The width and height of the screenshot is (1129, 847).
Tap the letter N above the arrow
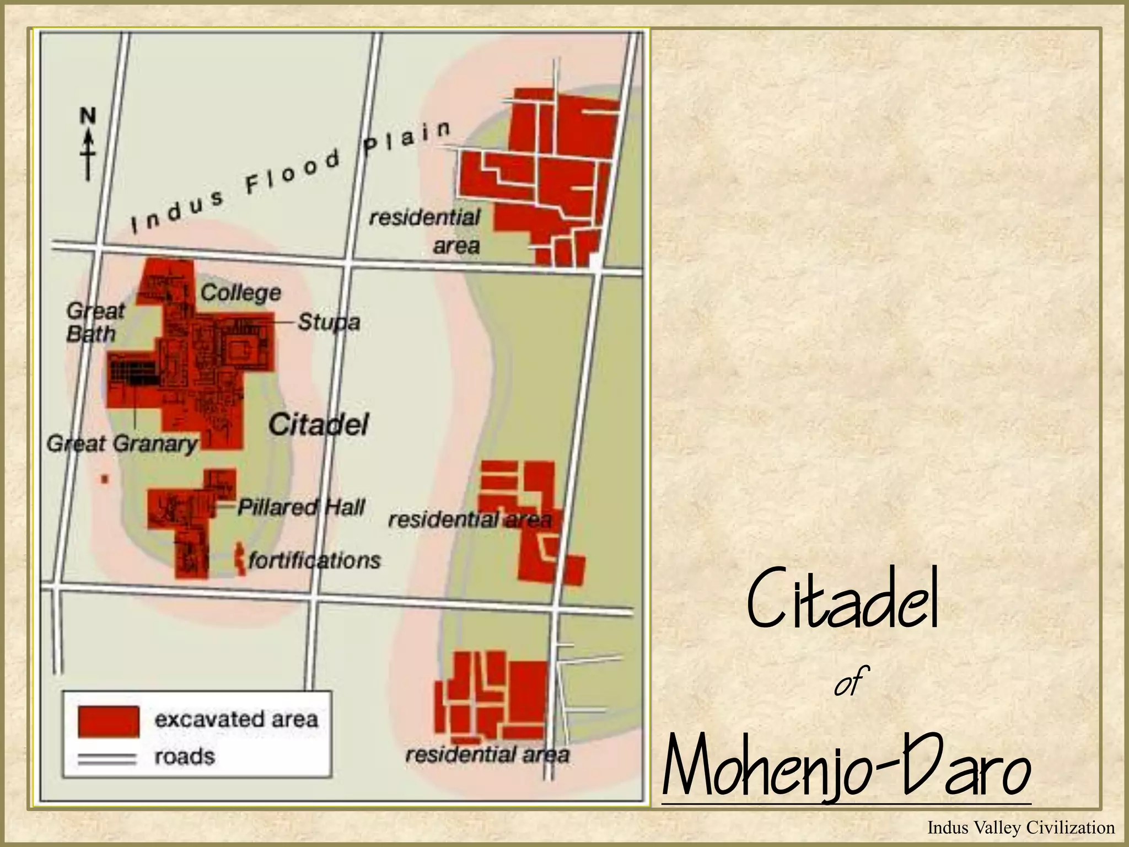(88, 116)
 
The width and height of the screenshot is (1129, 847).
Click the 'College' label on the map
(240, 293)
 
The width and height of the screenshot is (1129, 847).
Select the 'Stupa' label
(329, 322)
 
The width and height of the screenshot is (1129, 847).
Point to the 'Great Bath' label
(94, 322)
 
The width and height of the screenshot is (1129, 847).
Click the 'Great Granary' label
(122, 444)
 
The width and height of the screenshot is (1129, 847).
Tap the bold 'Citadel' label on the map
(319, 425)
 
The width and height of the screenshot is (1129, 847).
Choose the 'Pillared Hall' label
(301, 507)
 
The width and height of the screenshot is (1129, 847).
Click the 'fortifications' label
(314, 561)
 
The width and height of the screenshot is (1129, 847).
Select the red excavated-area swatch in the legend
(108, 721)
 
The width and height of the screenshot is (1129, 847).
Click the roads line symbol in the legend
(106, 759)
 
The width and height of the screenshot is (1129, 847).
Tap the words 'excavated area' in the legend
(236, 720)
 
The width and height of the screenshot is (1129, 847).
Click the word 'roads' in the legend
(184, 757)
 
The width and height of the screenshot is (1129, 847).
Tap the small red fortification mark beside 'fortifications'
(240, 559)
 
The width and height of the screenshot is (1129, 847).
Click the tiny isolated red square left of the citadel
(104, 479)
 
